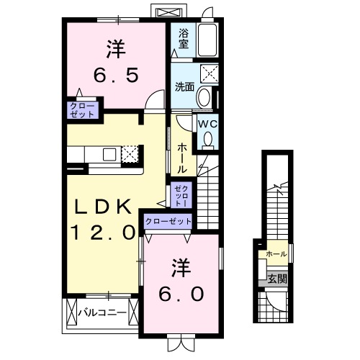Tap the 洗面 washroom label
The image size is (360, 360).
pos(185,87)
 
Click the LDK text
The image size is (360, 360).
pos(104,207)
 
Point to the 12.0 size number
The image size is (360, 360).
pos(104,232)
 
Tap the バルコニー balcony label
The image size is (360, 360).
pos(102,312)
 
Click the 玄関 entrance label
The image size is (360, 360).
pos(276,278)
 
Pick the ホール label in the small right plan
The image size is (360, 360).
pos(276,254)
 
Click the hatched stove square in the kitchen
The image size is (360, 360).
pos(130,154)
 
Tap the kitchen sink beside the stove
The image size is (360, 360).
pos(109,154)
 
